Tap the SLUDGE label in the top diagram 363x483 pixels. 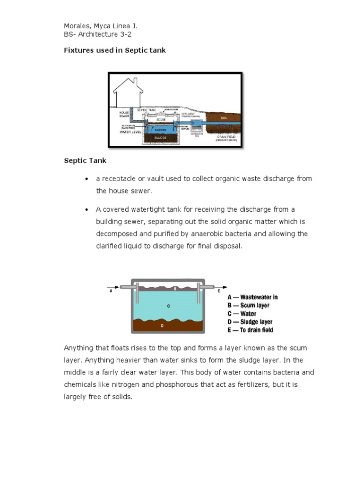click(159, 138)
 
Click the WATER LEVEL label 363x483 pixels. click(130, 132)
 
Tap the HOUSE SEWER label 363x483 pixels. click(124, 114)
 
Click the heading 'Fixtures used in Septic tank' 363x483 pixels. click(115, 50)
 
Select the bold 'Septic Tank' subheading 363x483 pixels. click(85, 160)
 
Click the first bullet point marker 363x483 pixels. click(86, 179)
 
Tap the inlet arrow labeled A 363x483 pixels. click(113, 287)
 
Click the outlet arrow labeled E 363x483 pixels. click(222, 287)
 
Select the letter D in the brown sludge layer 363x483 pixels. click(162, 325)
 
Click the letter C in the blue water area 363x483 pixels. click(168, 306)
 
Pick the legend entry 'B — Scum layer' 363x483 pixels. click(249, 306)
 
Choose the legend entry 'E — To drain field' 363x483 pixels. click(251, 330)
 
